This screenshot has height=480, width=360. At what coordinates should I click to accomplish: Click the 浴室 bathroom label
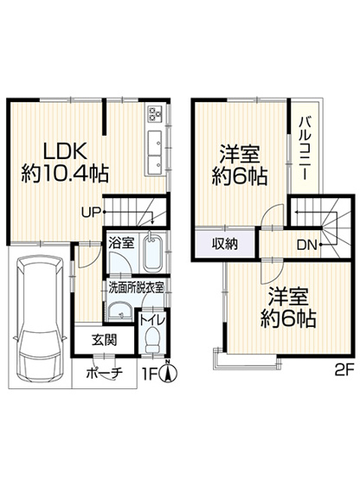pyautogui.click(x=121, y=243)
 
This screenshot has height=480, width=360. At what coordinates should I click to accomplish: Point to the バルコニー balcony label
pyautogui.click(x=305, y=149)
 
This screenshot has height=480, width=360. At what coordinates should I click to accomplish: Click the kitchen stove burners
pyautogui.click(x=157, y=114)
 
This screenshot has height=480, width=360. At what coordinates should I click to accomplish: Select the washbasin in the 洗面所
pyautogui.click(x=119, y=312)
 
